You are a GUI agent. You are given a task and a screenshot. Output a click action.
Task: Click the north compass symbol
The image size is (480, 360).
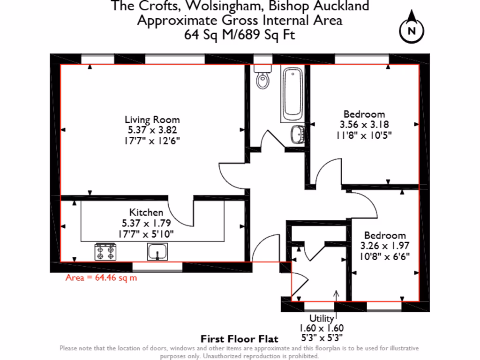coord(412,30)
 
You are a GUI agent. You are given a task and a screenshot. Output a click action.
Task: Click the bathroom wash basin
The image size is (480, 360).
coord(298,135)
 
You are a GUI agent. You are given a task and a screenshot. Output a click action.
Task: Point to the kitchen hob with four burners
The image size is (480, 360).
coord(105,252)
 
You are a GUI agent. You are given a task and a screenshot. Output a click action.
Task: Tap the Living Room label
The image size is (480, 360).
coord(152,120)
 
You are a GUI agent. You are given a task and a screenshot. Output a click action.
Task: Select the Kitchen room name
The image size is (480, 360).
coord(146,212)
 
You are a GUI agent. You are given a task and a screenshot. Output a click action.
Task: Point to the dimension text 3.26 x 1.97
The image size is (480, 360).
coord(385,246)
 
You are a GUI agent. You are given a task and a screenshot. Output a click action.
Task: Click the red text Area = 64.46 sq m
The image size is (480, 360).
coord(101,277)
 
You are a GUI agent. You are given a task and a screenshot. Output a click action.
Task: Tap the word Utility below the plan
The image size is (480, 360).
coord(321,319)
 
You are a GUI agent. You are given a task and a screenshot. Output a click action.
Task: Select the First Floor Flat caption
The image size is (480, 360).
coord(240,338)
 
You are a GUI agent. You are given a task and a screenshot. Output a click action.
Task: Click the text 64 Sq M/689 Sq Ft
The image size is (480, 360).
coord(240,35)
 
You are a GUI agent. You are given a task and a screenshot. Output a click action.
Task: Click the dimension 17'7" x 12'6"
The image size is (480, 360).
coord(152,140)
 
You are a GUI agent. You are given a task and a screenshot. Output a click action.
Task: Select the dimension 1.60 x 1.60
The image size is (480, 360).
coord(321,328)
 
